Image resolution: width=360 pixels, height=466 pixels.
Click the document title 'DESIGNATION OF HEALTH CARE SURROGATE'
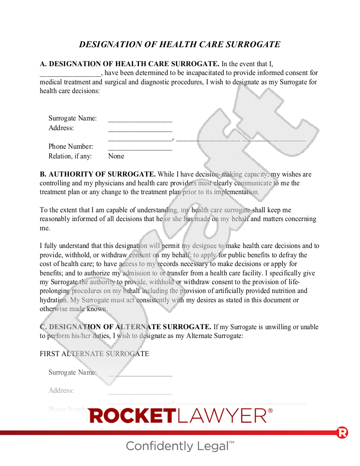[x=180, y=45]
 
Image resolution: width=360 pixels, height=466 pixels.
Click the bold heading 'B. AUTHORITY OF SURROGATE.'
[x=97, y=174]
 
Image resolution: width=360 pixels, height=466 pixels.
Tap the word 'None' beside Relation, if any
[x=116, y=156]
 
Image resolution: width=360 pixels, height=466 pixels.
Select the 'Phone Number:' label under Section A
[x=71, y=147]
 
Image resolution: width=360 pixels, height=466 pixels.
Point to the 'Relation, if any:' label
[x=70, y=156]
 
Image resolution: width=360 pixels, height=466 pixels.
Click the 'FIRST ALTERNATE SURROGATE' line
[x=94, y=354]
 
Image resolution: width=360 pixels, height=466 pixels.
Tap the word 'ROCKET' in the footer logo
[x=132, y=416]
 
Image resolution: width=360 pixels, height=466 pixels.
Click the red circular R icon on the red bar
[x=342, y=432]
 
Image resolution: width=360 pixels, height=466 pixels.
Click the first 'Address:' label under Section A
[x=61, y=128]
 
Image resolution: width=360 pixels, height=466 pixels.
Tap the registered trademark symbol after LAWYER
[x=270, y=410]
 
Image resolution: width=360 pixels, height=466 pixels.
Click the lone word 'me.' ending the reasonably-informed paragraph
[x=45, y=228]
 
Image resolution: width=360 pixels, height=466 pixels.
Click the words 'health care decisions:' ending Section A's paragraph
[x=70, y=91]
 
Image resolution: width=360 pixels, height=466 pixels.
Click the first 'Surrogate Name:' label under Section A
[x=72, y=118]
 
